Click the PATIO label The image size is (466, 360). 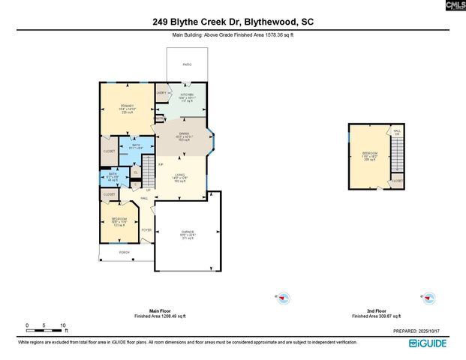[187, 64]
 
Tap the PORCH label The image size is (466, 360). [125, 253]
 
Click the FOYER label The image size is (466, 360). [146, 229]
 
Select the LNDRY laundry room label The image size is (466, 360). [161, 92]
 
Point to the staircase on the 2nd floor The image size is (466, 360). [398, 154]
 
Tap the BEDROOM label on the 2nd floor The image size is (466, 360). [370, 155]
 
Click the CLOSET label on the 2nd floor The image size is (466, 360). [396, 181]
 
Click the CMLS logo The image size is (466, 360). [454, 6]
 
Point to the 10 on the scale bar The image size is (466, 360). [63, 325]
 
